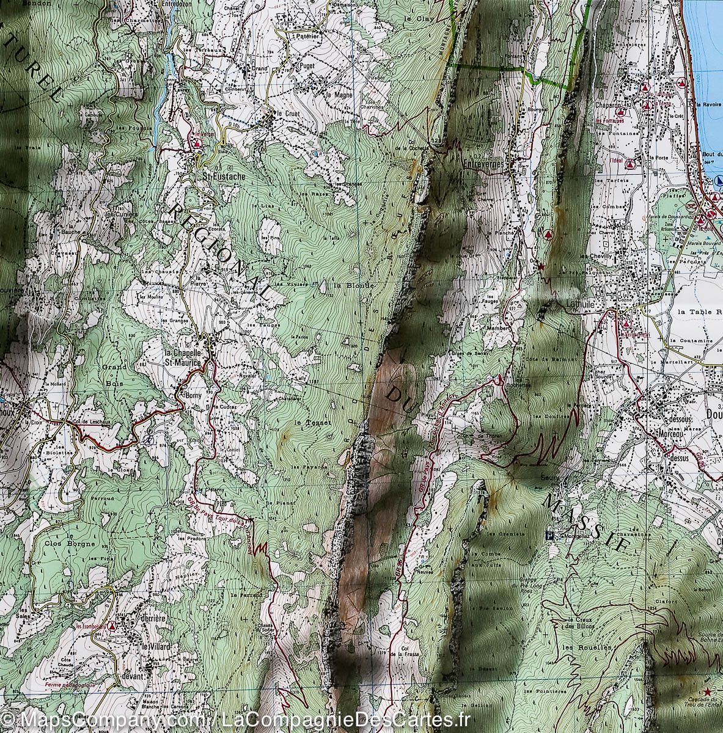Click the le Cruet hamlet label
(287, 114)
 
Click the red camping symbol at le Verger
(197, 145)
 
